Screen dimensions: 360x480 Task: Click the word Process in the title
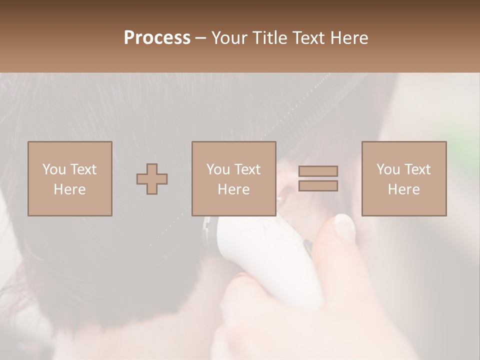(157, 38)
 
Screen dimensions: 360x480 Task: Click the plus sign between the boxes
(152, 179)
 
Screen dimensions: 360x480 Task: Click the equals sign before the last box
(318, 178)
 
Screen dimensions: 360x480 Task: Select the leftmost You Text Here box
(70, 179)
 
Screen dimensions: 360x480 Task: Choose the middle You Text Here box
(234, 179)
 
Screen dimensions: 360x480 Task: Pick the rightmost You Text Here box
(404, 179)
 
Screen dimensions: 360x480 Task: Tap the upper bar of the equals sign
(318, 171)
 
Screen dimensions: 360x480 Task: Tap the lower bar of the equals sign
(318, 186)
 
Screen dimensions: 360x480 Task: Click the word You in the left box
(53, 169)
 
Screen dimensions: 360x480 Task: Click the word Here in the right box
(404, 189)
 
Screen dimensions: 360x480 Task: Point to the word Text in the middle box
(247, 169)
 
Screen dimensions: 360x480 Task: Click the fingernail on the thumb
(344, 226)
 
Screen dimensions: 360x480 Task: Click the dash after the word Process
(201, 38)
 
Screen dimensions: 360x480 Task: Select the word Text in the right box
(417, 169)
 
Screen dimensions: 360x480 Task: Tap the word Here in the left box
(70, 189)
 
